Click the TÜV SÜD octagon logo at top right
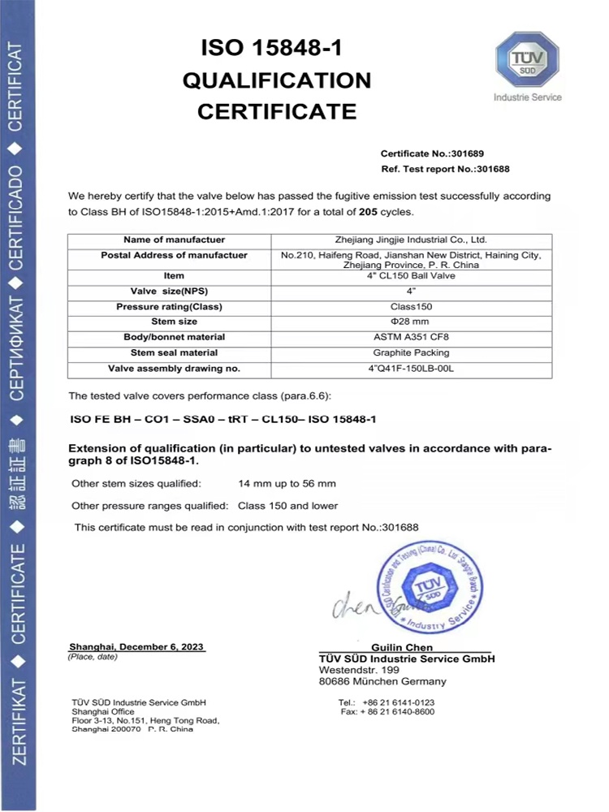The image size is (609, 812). (528, 60)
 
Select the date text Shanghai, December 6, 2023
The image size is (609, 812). (137, 646)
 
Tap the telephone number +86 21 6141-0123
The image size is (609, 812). (399, 702)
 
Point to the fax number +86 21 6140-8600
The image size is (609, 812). (399, 711)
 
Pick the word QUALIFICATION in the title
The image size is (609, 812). (277, 80)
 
